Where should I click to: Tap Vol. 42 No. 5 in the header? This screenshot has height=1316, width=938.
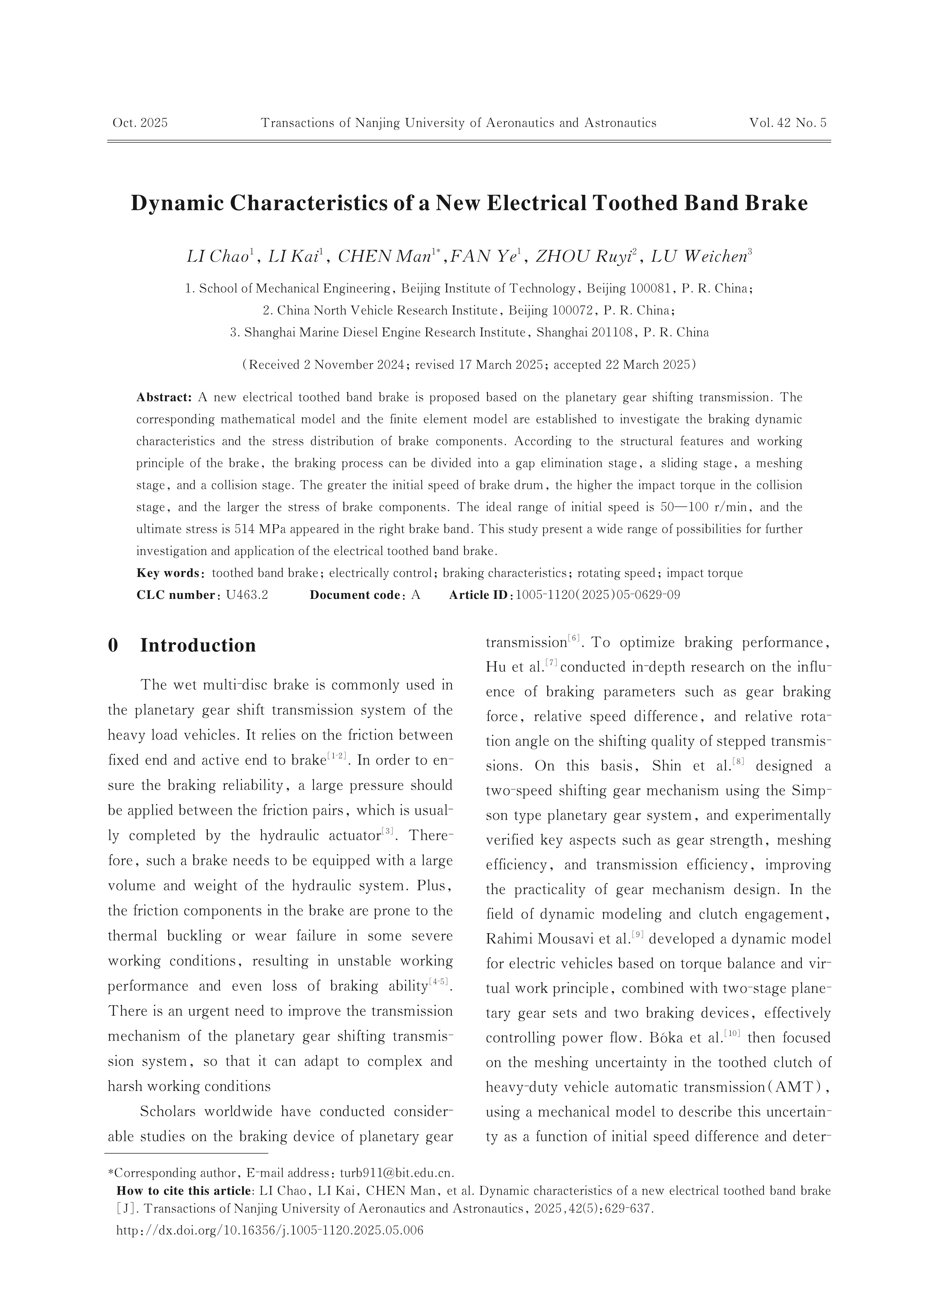coord(788,123)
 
